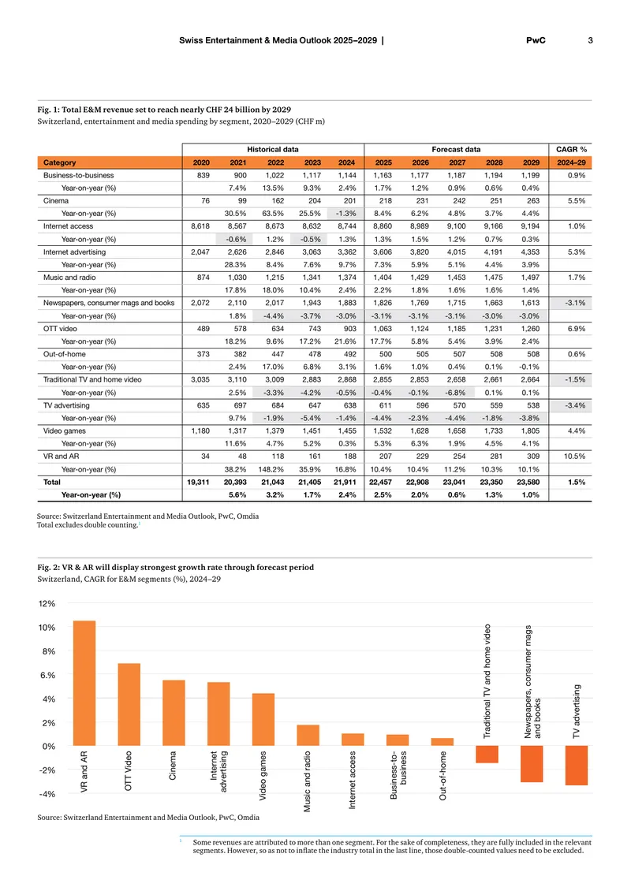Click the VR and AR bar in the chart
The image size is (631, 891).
point(84,683)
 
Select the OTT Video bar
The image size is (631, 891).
point(129,705)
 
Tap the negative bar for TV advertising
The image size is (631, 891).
point(577,766)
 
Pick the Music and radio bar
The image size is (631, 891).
point(308,736)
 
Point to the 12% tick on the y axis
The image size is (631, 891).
point(47,603)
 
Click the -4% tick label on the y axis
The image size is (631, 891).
point(47,794)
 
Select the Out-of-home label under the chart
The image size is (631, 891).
point(442,776)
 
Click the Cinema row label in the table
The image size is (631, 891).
point(56,200)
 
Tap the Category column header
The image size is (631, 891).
point(60,162)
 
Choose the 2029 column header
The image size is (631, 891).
point(531,162)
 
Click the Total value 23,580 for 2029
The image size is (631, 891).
point(528,482)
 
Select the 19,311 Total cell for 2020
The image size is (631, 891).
point(198,482)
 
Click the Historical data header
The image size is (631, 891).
point(273,150)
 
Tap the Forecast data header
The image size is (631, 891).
point(456,150)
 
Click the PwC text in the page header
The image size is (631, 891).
point(536,40)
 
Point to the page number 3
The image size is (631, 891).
point(590,40)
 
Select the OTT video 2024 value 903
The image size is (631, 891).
point(350,329)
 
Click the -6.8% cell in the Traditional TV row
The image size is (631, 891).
point(455,393)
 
